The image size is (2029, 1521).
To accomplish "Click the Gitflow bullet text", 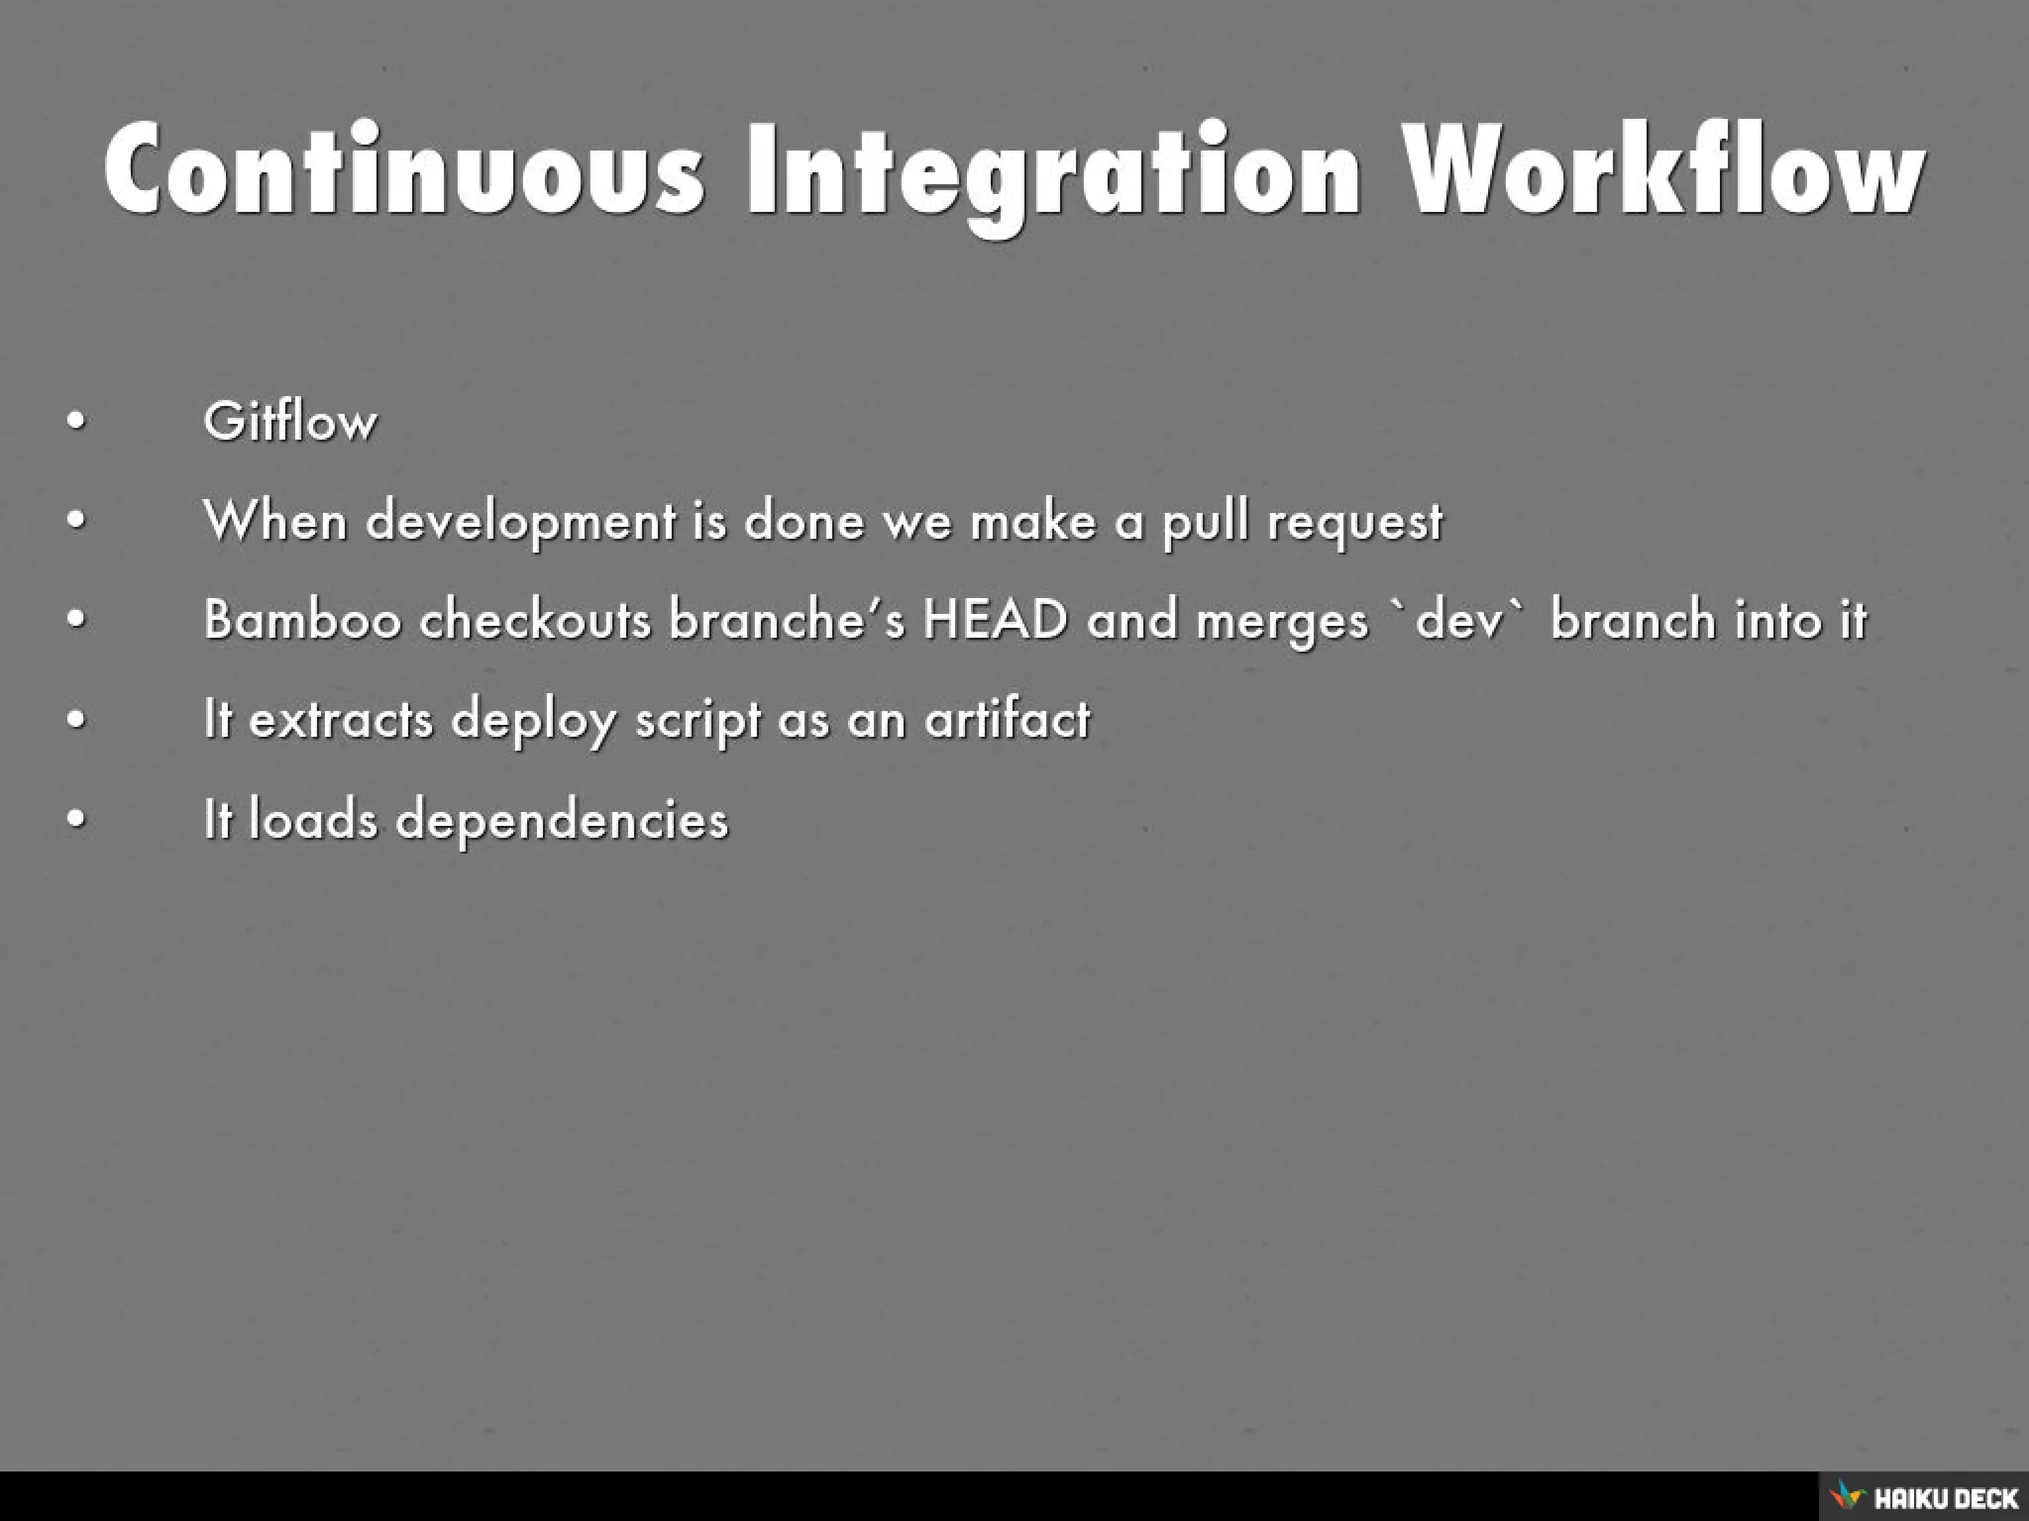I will pos(290,422).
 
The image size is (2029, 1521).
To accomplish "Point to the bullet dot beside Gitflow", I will pos(76,422).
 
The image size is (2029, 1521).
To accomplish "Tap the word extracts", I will pos(341,719).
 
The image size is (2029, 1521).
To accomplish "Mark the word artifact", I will pos(1007,719).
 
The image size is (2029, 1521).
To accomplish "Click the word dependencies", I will pos(562,820).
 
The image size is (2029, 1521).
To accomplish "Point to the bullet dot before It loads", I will pos(76,820).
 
